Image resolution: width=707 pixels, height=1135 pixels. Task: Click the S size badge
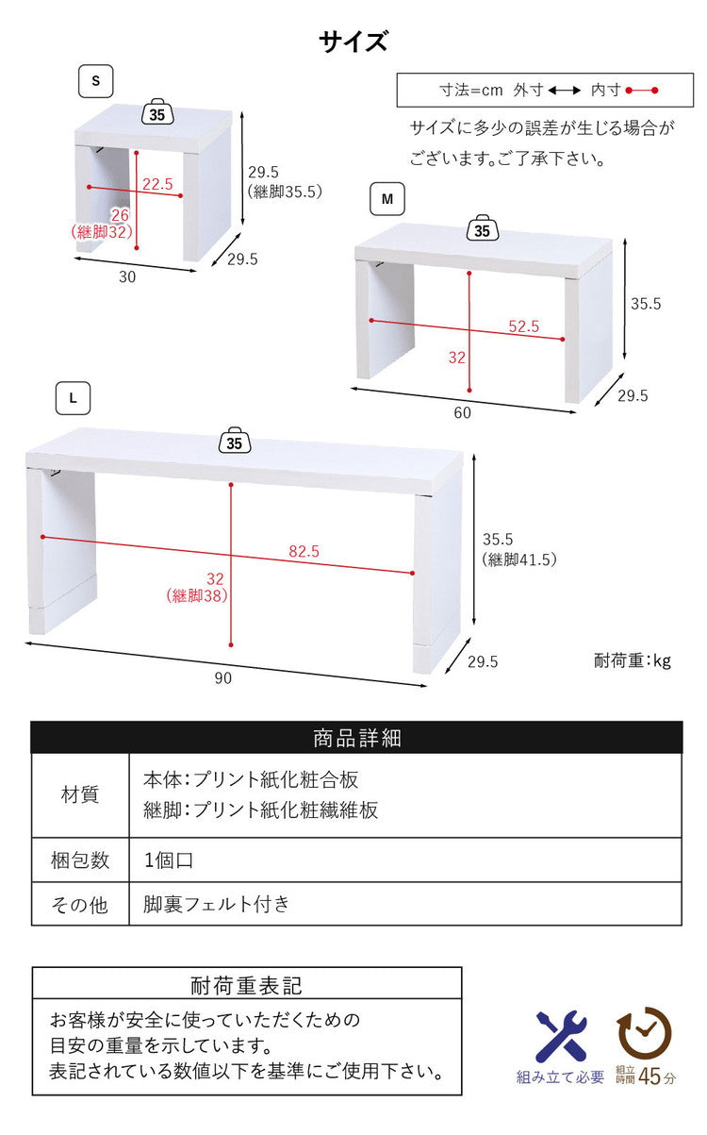coord(95,81)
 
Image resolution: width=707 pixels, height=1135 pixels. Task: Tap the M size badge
coord(386,200)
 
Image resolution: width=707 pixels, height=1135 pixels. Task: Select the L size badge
coord(73,398)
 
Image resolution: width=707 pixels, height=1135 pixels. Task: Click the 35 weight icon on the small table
coord(156,114)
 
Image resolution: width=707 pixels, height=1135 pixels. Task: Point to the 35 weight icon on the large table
coord(235,441)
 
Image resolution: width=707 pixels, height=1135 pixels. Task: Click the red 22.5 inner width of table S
coord(157,184)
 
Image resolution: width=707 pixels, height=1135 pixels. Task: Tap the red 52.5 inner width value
coord(523,326)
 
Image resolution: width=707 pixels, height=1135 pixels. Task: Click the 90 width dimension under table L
coord(222,676)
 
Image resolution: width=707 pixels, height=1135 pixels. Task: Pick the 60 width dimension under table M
coord(462,411)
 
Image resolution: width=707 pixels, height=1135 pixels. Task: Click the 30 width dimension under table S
coord(127,276)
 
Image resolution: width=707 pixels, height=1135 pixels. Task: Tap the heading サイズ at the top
coord(353,42)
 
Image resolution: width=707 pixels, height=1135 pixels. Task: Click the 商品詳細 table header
coord(356,738)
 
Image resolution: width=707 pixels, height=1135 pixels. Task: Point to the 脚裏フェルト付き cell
coord(217,904)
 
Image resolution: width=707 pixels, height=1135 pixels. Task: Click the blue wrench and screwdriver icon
coord(561,1035)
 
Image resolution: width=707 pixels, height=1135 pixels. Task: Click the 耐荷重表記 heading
coord(246,986)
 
